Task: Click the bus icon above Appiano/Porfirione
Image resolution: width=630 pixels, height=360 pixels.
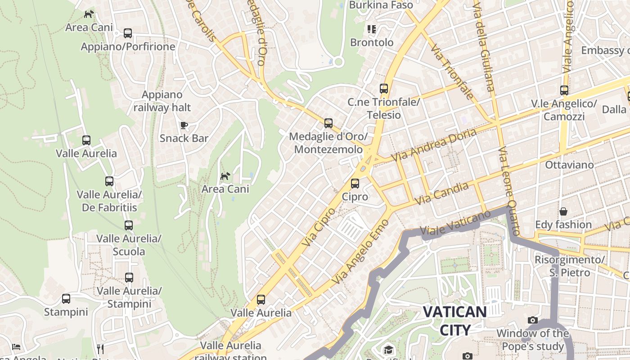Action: pyautogui.click(x=128, y=33)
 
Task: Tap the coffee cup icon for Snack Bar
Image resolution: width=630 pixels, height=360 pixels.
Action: pyautogui.click(x=184, y=125)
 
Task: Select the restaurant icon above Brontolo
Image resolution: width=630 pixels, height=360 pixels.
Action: pyautogui.click(x=371, y=29)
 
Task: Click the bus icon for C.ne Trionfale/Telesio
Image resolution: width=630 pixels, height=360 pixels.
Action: pyautogui.click(x=384, y=89)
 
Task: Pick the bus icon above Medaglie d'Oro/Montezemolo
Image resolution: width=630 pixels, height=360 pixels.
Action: pyautogui.click(x=328, y=123)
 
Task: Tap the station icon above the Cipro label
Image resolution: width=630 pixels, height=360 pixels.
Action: pyautogui.click(x=355, y=184)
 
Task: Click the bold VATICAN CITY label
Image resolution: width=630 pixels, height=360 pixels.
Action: pyautogui.click(x=455, y=320)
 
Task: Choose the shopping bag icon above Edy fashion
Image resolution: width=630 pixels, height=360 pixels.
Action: pyautogui.click(x=563, y=211)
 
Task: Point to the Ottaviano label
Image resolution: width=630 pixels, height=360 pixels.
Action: pyautogui.click(x=569, y=165)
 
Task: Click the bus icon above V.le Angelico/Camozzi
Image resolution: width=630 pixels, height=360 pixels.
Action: pyautogui.click(x=564, y=90)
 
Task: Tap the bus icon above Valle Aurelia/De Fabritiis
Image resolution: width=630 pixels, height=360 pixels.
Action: pyautogui.click(x=109, y=181)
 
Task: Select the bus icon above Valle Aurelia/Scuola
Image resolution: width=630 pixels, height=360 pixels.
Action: pyautogui.click(x=129, y=225)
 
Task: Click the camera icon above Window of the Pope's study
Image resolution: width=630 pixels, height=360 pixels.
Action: pyautogui.click(x=533, y=320)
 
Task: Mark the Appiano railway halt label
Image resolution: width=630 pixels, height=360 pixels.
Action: pyautogui.click(x=162, y=101)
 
